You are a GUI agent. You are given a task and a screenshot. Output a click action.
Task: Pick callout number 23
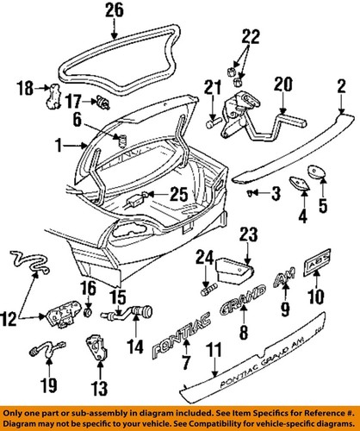pyautogui.click(x=248, y=233)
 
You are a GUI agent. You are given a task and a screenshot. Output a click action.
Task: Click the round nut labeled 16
pyautogui.click(x=89, y=309)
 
